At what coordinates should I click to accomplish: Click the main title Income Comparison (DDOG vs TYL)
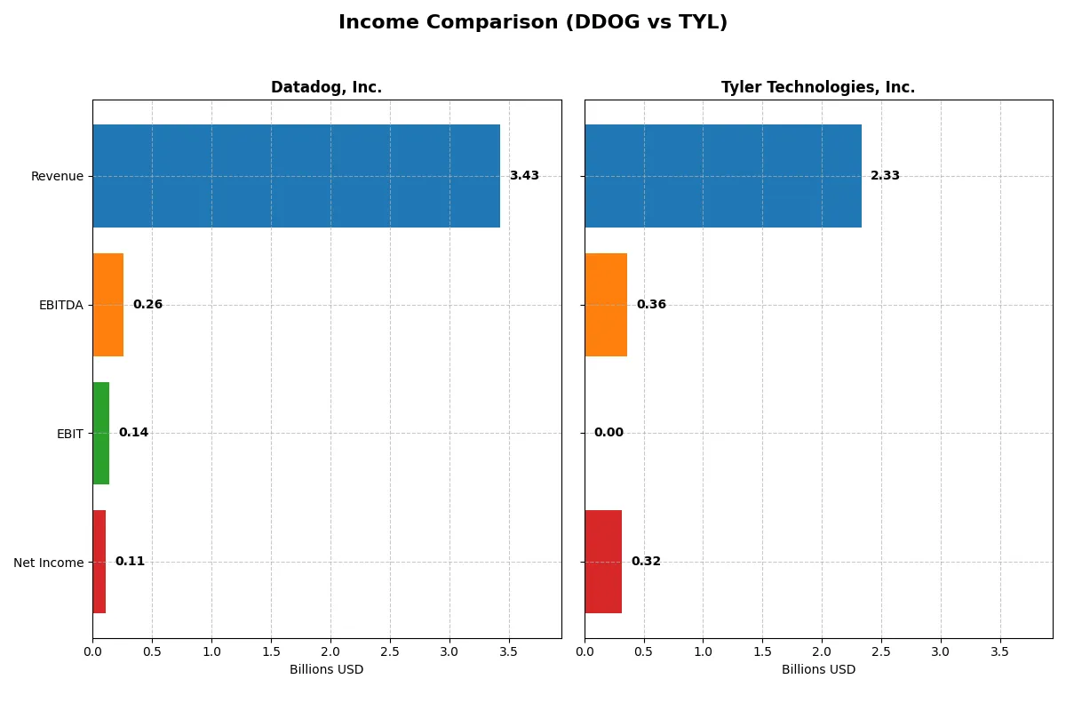(x=533, y=23)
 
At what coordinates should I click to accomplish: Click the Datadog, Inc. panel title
(x=326, y=87)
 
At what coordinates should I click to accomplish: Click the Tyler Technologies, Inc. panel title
(x=817, y=87)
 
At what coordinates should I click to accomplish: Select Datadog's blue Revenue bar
(x=296, y=176)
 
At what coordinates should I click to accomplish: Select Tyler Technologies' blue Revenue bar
(x=722, y=176)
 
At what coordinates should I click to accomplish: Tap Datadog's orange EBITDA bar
(x=107, y=305)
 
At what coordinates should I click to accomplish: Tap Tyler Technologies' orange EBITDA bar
(x=606, y=305)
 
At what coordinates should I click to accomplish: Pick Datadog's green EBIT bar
(x=100, y=433)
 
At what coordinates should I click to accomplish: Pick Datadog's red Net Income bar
(x=99, y=562)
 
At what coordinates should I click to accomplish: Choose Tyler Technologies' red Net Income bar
(x=603, y=562)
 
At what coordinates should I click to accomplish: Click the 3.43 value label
(x=524, y=176)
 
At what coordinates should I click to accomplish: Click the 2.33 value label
(x=885, y=176)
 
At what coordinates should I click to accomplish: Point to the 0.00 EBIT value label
(x=609, y=433)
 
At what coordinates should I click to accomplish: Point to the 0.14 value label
(x=133, y=433)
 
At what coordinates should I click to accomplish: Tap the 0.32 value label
(x=646, y=562)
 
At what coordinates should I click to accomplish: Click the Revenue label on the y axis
(x=57, y=176)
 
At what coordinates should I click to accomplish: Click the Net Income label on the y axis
(x=48, y=562)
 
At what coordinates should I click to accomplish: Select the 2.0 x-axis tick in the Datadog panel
(x=330, y=651)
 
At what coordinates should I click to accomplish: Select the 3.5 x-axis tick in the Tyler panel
(x=1000, y=651)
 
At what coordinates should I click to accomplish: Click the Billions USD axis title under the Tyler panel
(x=818, y=669)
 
